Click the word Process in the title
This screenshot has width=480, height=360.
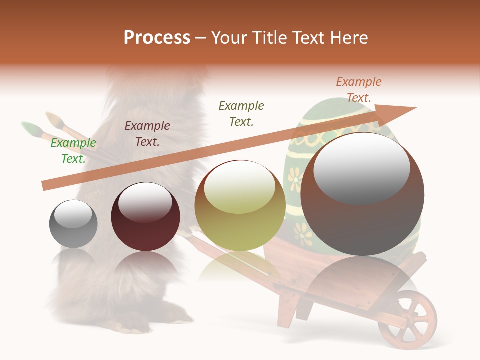pos(157,38)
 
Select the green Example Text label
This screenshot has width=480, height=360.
pos(73,151)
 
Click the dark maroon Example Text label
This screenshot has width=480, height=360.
pos(147,134)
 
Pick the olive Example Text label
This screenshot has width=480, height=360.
pos(241,113)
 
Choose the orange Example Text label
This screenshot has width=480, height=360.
pos(358,90)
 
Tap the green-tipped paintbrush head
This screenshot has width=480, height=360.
pos(29,129)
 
